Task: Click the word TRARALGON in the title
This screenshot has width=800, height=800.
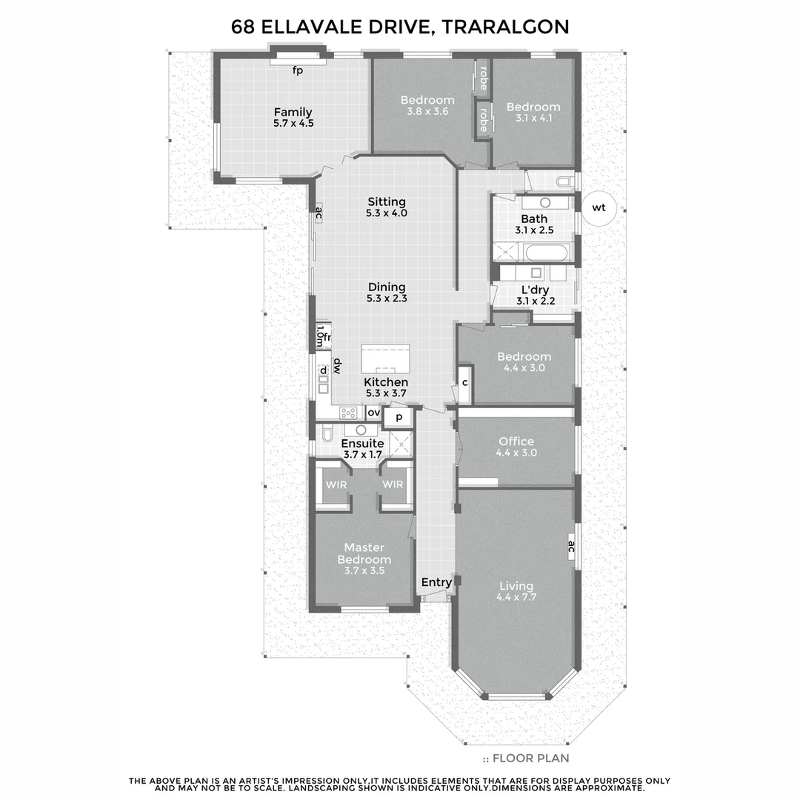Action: pyautogui.click(x=507, y=27)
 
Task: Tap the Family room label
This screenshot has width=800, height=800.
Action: pyautogui.click(x=293, y=113)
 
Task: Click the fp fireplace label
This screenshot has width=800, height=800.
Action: pyautogui.click(x=298, y=70)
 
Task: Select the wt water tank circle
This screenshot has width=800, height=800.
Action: pyautogui.click(x=599, y=208)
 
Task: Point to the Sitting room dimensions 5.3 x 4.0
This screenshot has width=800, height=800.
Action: pyautogui.click(x=387, y=213)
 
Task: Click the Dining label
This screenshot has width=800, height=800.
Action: pyautogui.click(x=387, y=287)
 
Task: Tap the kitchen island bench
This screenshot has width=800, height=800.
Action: pyautogui.click(x=385, y=359)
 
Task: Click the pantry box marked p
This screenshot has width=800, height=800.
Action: pyautogui.click(x=399, y=417)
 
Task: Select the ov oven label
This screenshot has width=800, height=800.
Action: pyautogui.click(x=373, y=413)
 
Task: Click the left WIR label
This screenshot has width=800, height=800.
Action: pyautogui.click(x=336, y=484)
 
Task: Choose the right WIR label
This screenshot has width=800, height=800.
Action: pyautogui.click(x=393, y=484)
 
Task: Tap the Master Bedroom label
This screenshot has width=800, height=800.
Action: pyautogui.click(x=364, y=553)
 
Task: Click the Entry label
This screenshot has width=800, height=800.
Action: pyautogui.click(x=436, y=582)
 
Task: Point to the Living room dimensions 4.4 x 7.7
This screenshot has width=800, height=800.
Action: pyautogui.click(x=516, y=597)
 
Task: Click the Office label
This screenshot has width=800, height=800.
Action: pyautogui.click(x=516, y=441)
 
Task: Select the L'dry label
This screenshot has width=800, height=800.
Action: pyautogui.click(x=536, y=290)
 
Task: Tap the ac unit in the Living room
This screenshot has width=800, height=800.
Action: pyautogui.click(x=571, y=547)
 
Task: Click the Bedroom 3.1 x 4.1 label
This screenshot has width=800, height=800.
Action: pyautogui.click(x=533, y=107)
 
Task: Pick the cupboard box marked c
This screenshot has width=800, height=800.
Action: pyautogui.click(x=464, y=383)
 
